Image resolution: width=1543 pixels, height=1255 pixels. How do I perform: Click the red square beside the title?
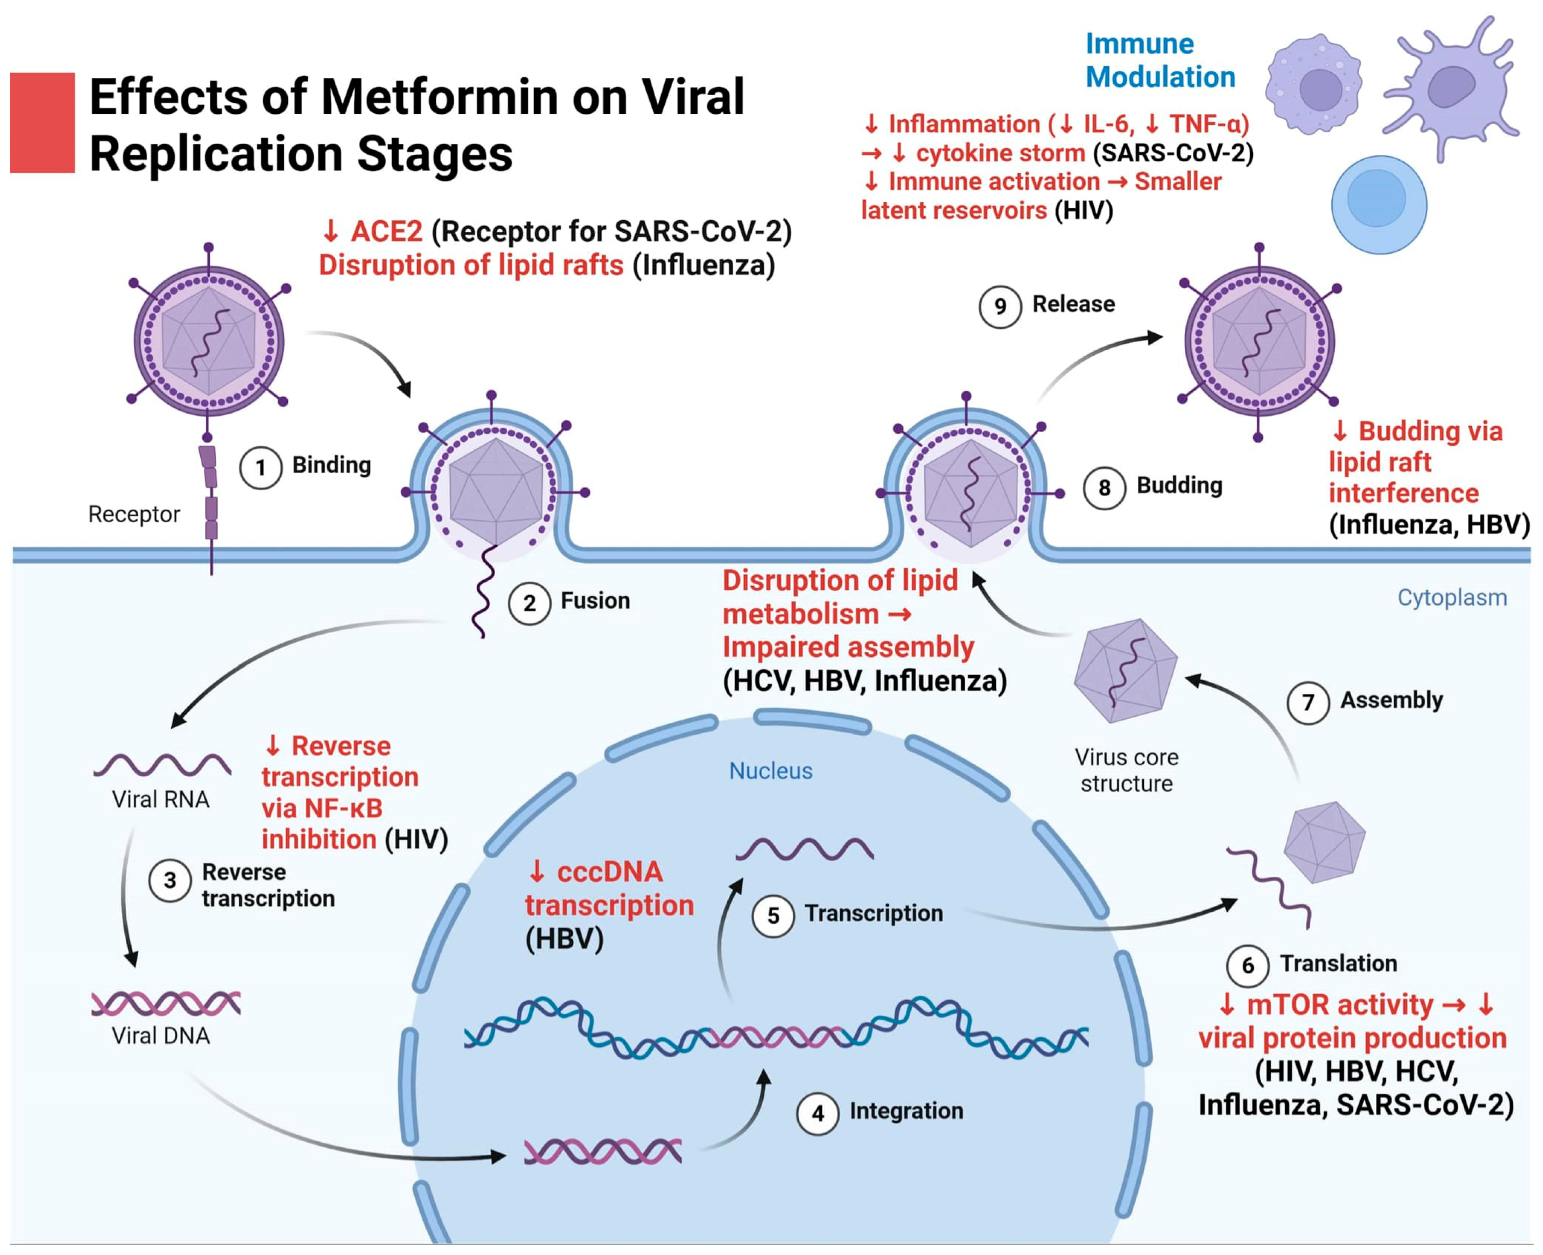[x=42, y=123]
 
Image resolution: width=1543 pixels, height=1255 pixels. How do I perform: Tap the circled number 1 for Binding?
[x=260, y=467]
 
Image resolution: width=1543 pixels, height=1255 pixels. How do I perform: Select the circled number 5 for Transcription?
[x=773, y=916]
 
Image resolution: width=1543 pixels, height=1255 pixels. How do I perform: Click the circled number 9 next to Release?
[x=1000, y=306]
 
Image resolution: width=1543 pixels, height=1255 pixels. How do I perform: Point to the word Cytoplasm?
[x=1452, y=598]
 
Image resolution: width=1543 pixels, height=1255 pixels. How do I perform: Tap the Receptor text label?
[x=134, y=514]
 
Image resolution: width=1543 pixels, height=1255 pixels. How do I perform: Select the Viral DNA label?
[x=160, y=1036]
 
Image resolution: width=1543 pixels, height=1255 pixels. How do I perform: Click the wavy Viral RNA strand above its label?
[x=162, y=765]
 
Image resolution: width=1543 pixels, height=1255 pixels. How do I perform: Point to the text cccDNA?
[x=609, y=872]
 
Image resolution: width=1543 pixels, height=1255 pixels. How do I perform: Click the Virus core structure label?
[x=1126, y=770]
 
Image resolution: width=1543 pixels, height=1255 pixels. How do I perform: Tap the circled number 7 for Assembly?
[x=1308, y=702]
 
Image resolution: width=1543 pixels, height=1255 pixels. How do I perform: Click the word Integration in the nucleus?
[x=906, y=1110]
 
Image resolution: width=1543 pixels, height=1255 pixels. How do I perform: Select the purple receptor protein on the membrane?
[x=209, y=491]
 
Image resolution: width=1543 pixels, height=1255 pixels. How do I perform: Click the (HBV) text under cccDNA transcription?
[x=564, y=939]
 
